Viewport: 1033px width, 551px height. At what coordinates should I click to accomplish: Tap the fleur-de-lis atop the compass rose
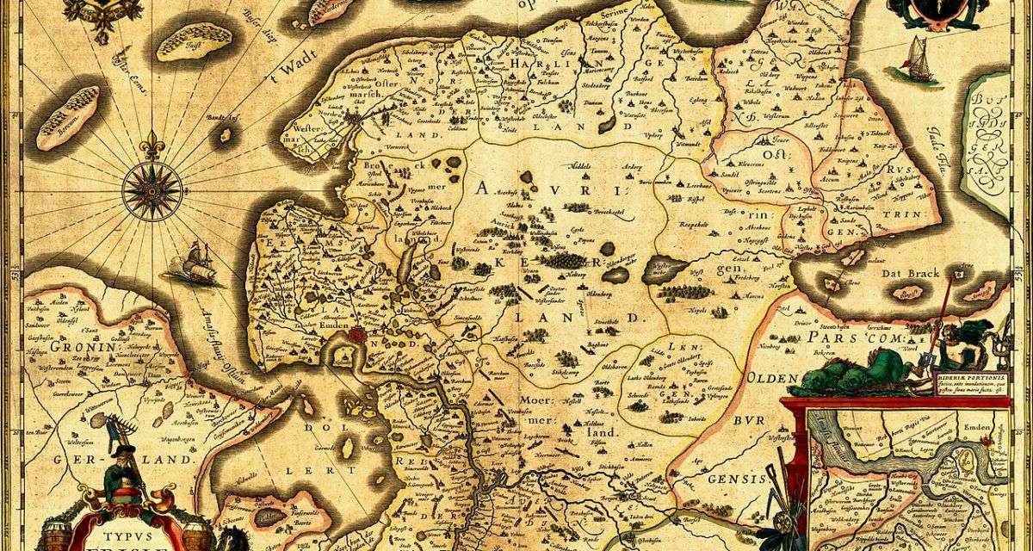click(152, 145)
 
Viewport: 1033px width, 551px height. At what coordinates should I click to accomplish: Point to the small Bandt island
click(226, 135)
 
